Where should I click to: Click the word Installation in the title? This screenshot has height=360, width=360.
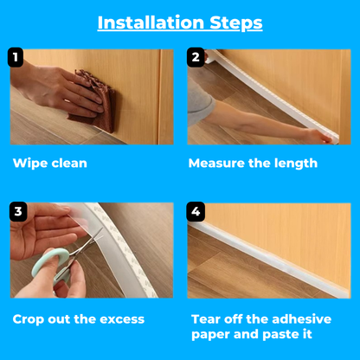(149, 22)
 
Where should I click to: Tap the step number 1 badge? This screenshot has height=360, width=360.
(15, 58)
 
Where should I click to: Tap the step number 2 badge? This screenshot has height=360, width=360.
(196, 58)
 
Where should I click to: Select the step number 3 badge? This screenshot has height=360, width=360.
(18, 211)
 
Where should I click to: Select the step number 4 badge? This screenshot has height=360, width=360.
(196, 211)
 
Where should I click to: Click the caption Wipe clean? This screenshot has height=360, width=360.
(50, 163)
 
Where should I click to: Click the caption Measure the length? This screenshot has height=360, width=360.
(253, 163)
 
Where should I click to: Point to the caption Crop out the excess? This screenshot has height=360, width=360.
(79, 319)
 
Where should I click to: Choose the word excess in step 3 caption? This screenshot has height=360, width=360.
(119, 319)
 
